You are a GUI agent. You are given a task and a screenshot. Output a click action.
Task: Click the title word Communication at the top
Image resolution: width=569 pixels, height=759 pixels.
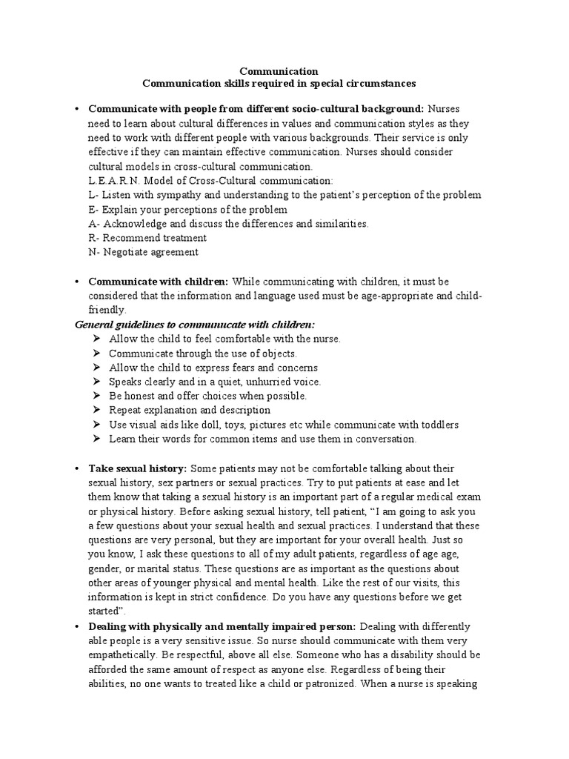pos(284,71)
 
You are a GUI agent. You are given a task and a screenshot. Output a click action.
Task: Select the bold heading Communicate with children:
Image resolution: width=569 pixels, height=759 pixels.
pos(159,282)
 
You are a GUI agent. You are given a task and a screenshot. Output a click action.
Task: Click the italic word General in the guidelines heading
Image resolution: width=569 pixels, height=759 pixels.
pos(96,325)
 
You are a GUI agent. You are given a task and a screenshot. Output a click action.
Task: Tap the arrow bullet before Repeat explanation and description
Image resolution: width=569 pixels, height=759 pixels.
pos(97,410)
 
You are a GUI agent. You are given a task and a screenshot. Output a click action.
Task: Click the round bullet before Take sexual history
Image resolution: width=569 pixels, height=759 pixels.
pos(77,469)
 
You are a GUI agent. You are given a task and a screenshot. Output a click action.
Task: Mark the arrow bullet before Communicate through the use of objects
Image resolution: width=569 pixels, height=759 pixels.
pos(97,354)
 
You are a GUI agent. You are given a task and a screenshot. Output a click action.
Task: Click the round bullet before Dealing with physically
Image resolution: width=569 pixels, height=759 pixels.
pos(77,626)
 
